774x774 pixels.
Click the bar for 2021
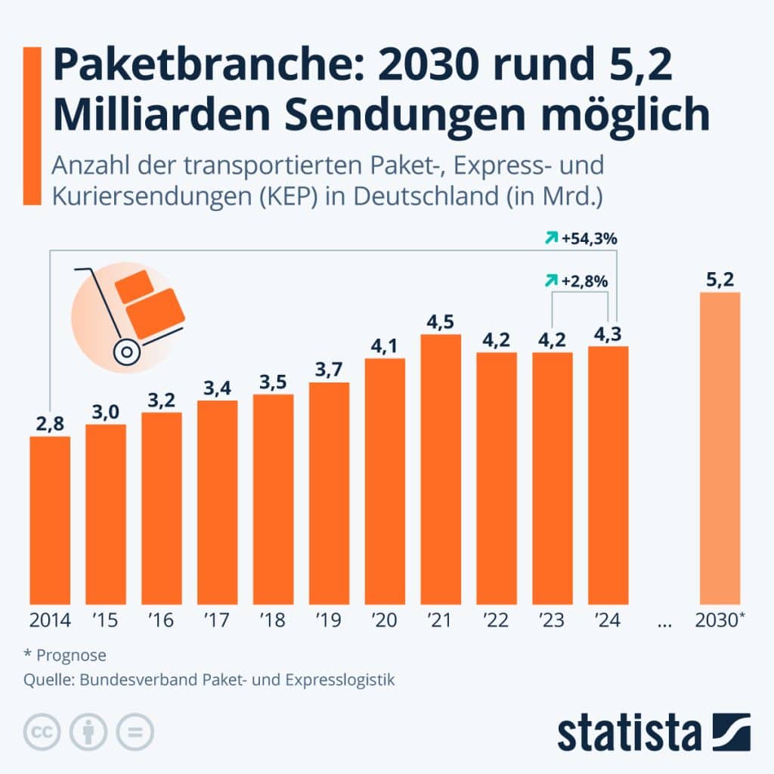click(x=441, y=469)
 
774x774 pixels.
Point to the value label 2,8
click(x=50, y=424)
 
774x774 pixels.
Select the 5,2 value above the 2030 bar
click(x=720, y=280)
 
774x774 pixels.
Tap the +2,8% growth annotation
click(x=584, y=281)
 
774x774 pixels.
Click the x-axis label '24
click(x=607, y=621)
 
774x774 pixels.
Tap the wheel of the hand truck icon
click(x=125, y=351)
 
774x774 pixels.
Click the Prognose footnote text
click(x=70, y=655)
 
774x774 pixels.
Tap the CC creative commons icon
click(x=42, y=731)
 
